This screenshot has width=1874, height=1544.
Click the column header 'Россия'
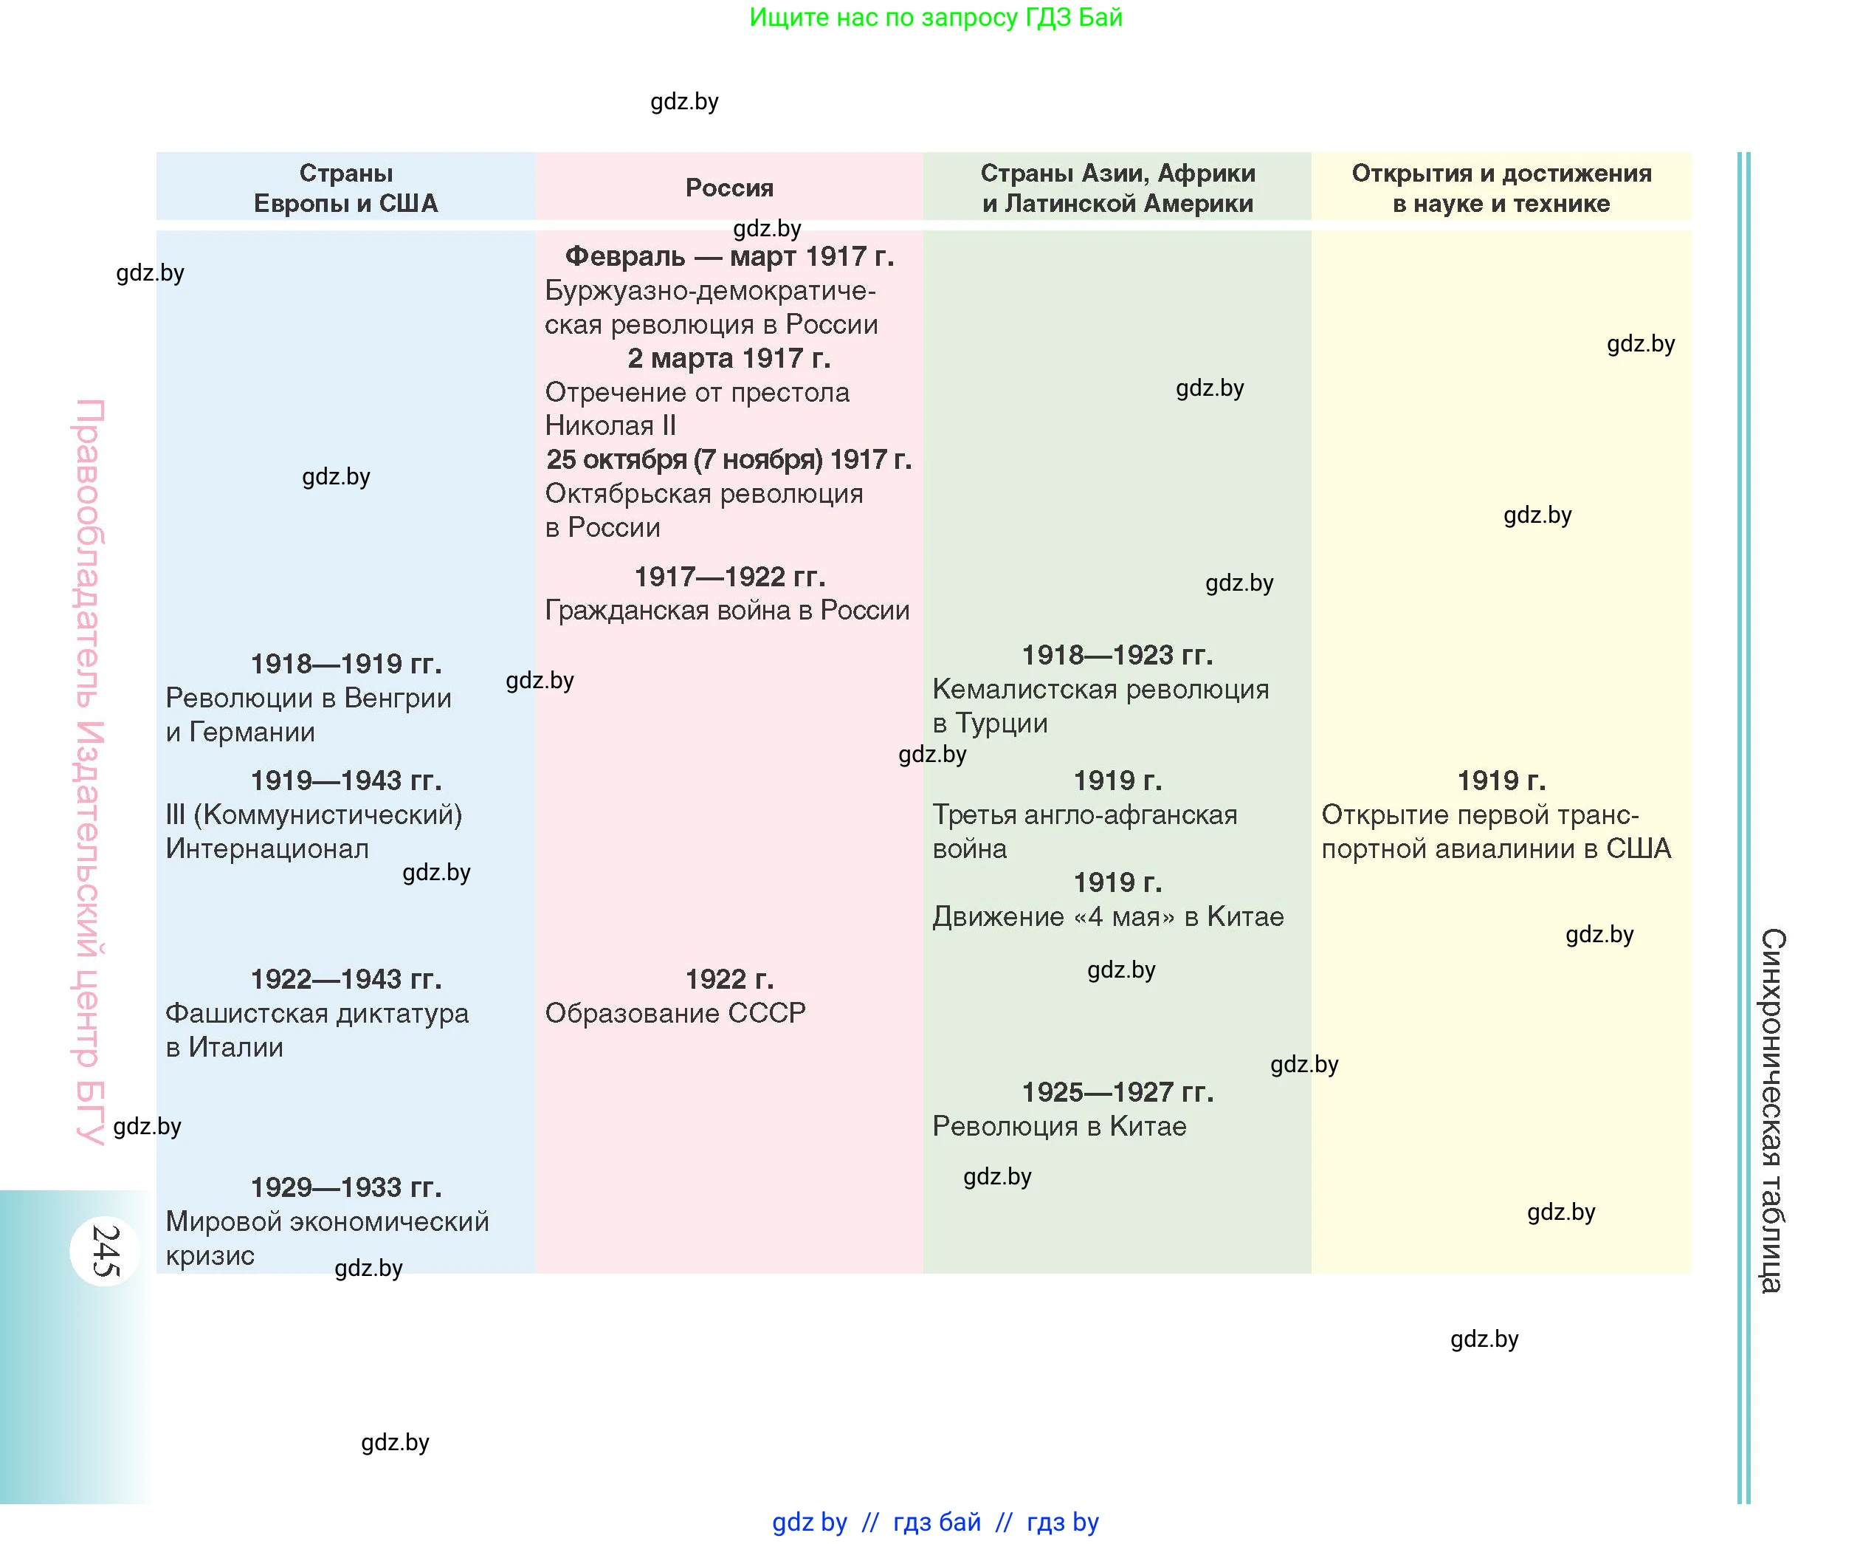point(729,188)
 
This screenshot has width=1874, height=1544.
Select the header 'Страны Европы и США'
point(346,188)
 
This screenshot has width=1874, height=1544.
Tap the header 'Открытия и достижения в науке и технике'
point(1501,188)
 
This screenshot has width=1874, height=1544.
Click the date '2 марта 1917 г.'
point(729,358)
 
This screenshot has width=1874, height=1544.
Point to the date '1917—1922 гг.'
point(729,577)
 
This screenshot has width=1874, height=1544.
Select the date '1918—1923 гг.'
point(1117,656)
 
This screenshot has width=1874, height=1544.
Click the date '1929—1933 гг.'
point(346,1187)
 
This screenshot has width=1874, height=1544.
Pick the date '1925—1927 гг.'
point(1117,1092)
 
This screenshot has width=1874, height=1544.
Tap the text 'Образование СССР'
point(675,1013)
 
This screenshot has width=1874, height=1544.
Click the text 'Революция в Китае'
point(1059,1127)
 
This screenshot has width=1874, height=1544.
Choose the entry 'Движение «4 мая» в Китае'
point(1108,917)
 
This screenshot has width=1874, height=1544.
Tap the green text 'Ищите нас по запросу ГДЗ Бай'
point(935,18)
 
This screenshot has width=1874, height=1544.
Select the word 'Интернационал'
point(266,849)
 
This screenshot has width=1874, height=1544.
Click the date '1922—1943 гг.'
point(346,979)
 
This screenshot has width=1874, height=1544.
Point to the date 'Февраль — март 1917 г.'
point(729,257)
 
